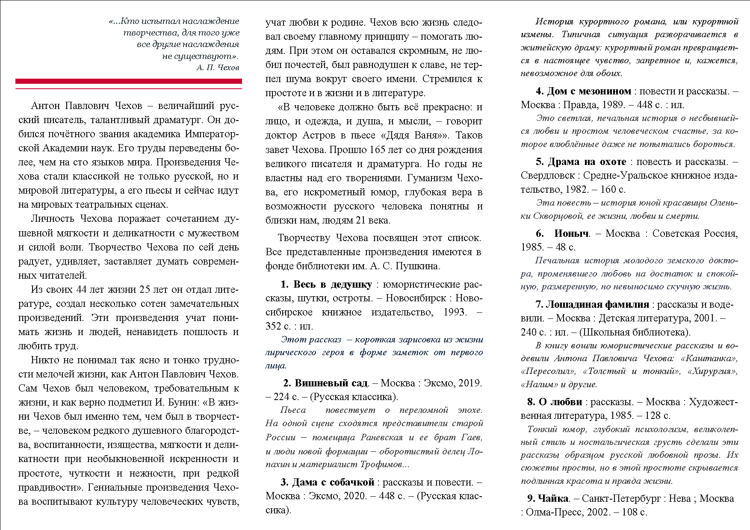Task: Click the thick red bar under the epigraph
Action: coord(128,81)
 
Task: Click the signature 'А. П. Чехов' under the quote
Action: coord(218,68)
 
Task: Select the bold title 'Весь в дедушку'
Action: coord(332,285)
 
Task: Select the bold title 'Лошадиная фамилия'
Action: coord(597,304)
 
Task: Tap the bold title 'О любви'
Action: coord(560,402)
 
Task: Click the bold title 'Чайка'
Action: coord(553,498)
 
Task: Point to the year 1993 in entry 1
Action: coord(455,312)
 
